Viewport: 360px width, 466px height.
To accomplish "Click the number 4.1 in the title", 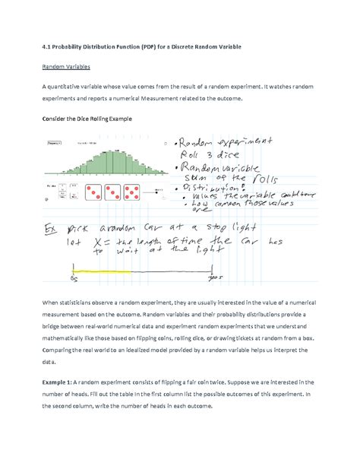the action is [x=47, y=46].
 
